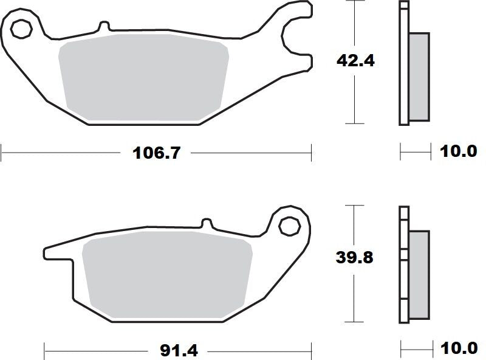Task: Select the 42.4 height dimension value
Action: point(355,61)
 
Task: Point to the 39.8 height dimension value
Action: point(355,257)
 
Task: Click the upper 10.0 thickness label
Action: point(459,151)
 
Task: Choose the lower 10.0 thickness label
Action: point(459,349)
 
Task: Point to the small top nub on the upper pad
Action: point(104,27)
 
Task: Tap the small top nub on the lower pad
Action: point(206,223)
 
